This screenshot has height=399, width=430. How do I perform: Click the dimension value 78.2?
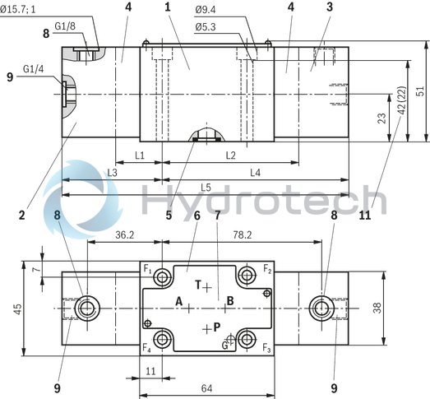[242, 234]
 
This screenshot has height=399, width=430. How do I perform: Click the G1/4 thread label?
[34, 68]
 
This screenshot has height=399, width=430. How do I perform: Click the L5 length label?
[206, 188]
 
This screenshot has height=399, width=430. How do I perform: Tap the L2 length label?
[229, 155]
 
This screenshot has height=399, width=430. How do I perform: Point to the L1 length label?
[139, 155]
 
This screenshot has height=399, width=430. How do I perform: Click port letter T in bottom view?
[199, 284]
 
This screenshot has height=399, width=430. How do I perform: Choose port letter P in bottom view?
[216, 327]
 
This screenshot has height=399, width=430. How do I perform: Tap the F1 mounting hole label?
[147, 268]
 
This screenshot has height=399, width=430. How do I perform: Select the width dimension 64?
[206, 388]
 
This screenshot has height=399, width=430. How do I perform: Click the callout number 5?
[168, 216]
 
